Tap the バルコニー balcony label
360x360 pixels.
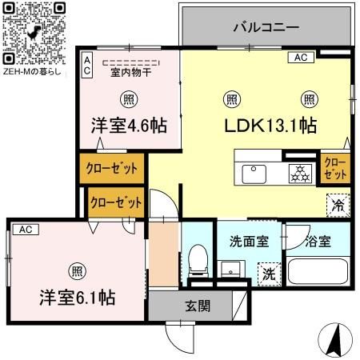[266, 26]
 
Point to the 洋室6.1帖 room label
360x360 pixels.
[78, 297]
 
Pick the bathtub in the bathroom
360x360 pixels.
[318, 271]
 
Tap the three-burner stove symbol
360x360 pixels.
[301, 172]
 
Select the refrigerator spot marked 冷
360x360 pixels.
[338, 205]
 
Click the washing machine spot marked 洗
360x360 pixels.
[270, 273]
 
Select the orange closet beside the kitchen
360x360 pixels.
[334, 168]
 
